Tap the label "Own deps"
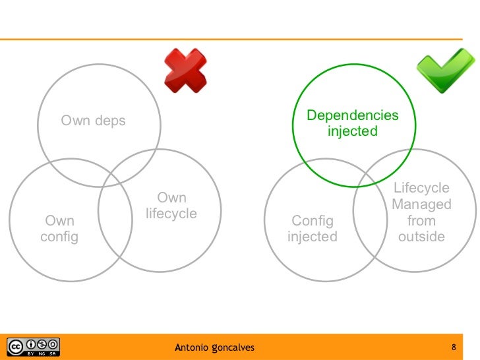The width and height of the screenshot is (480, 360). tap(93, 121)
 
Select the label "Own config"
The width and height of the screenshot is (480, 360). tap(59, 229)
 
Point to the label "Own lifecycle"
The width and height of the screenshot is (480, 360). tap(171, 206)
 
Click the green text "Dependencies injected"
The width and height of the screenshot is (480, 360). tap(353, 123)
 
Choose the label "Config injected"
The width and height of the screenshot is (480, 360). tap(313, 229)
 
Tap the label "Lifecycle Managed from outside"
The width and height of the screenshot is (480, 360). tap(421, 212)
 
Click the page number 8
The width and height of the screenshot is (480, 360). tap(454, 346)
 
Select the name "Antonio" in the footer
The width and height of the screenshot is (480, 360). tap(192, 346)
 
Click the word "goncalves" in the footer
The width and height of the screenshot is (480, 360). tap(233, 347)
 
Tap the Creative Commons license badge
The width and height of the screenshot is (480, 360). tap(34, 346)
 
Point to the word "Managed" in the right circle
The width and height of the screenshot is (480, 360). tap(421, 204)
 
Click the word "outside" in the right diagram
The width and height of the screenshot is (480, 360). tap(421, 236)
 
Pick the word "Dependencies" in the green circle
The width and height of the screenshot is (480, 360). tap(353, 116)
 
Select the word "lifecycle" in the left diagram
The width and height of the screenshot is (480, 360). tap(171, 214)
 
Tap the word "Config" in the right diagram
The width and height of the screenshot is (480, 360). tap(313, 221)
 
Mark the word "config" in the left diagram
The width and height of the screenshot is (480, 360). tap(59, 237)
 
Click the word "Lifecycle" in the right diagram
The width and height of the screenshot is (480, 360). tap(421, 189)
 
